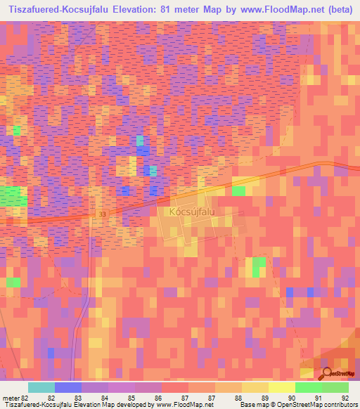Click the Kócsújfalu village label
point(192,210)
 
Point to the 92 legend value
point(345,397)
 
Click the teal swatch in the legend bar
point(41,387)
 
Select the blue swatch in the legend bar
point(67,387)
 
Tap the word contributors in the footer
point(340,405)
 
